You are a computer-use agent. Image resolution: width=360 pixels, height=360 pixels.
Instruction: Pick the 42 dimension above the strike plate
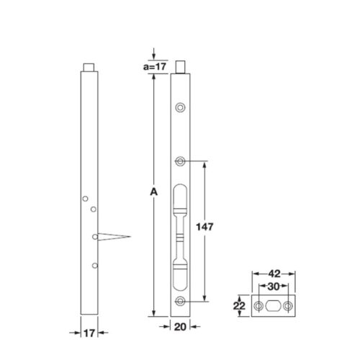coord(274,274)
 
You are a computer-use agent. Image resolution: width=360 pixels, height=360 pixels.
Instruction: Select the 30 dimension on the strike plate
coord(274,287)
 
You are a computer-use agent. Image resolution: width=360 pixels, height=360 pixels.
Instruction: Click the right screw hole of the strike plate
coord(289,306)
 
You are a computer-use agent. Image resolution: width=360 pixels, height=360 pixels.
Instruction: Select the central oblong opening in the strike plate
coord(274,306)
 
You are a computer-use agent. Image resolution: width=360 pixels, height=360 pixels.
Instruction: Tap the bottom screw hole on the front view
coord(181,302)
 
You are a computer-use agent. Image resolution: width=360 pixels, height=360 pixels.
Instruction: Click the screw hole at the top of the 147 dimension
coord(181,161)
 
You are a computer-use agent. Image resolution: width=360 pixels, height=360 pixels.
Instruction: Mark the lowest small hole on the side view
coord(94,266)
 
